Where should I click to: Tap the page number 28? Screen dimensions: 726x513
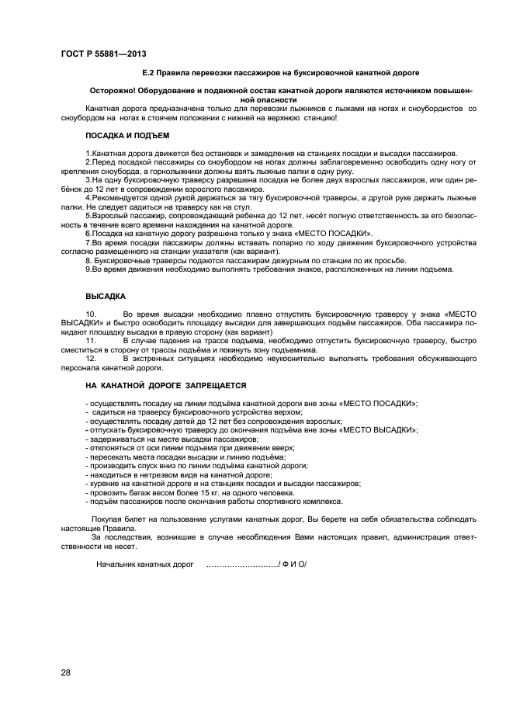[65, 672]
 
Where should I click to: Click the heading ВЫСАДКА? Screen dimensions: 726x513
[105, 296]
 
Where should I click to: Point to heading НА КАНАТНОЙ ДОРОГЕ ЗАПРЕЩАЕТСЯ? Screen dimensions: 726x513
[165, 385]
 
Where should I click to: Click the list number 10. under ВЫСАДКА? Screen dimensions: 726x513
[90, 314]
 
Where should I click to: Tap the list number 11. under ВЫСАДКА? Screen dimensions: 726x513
[90, 341]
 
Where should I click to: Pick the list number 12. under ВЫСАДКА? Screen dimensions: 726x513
[90, 360]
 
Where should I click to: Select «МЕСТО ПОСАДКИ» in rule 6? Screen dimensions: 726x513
[336, 233]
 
